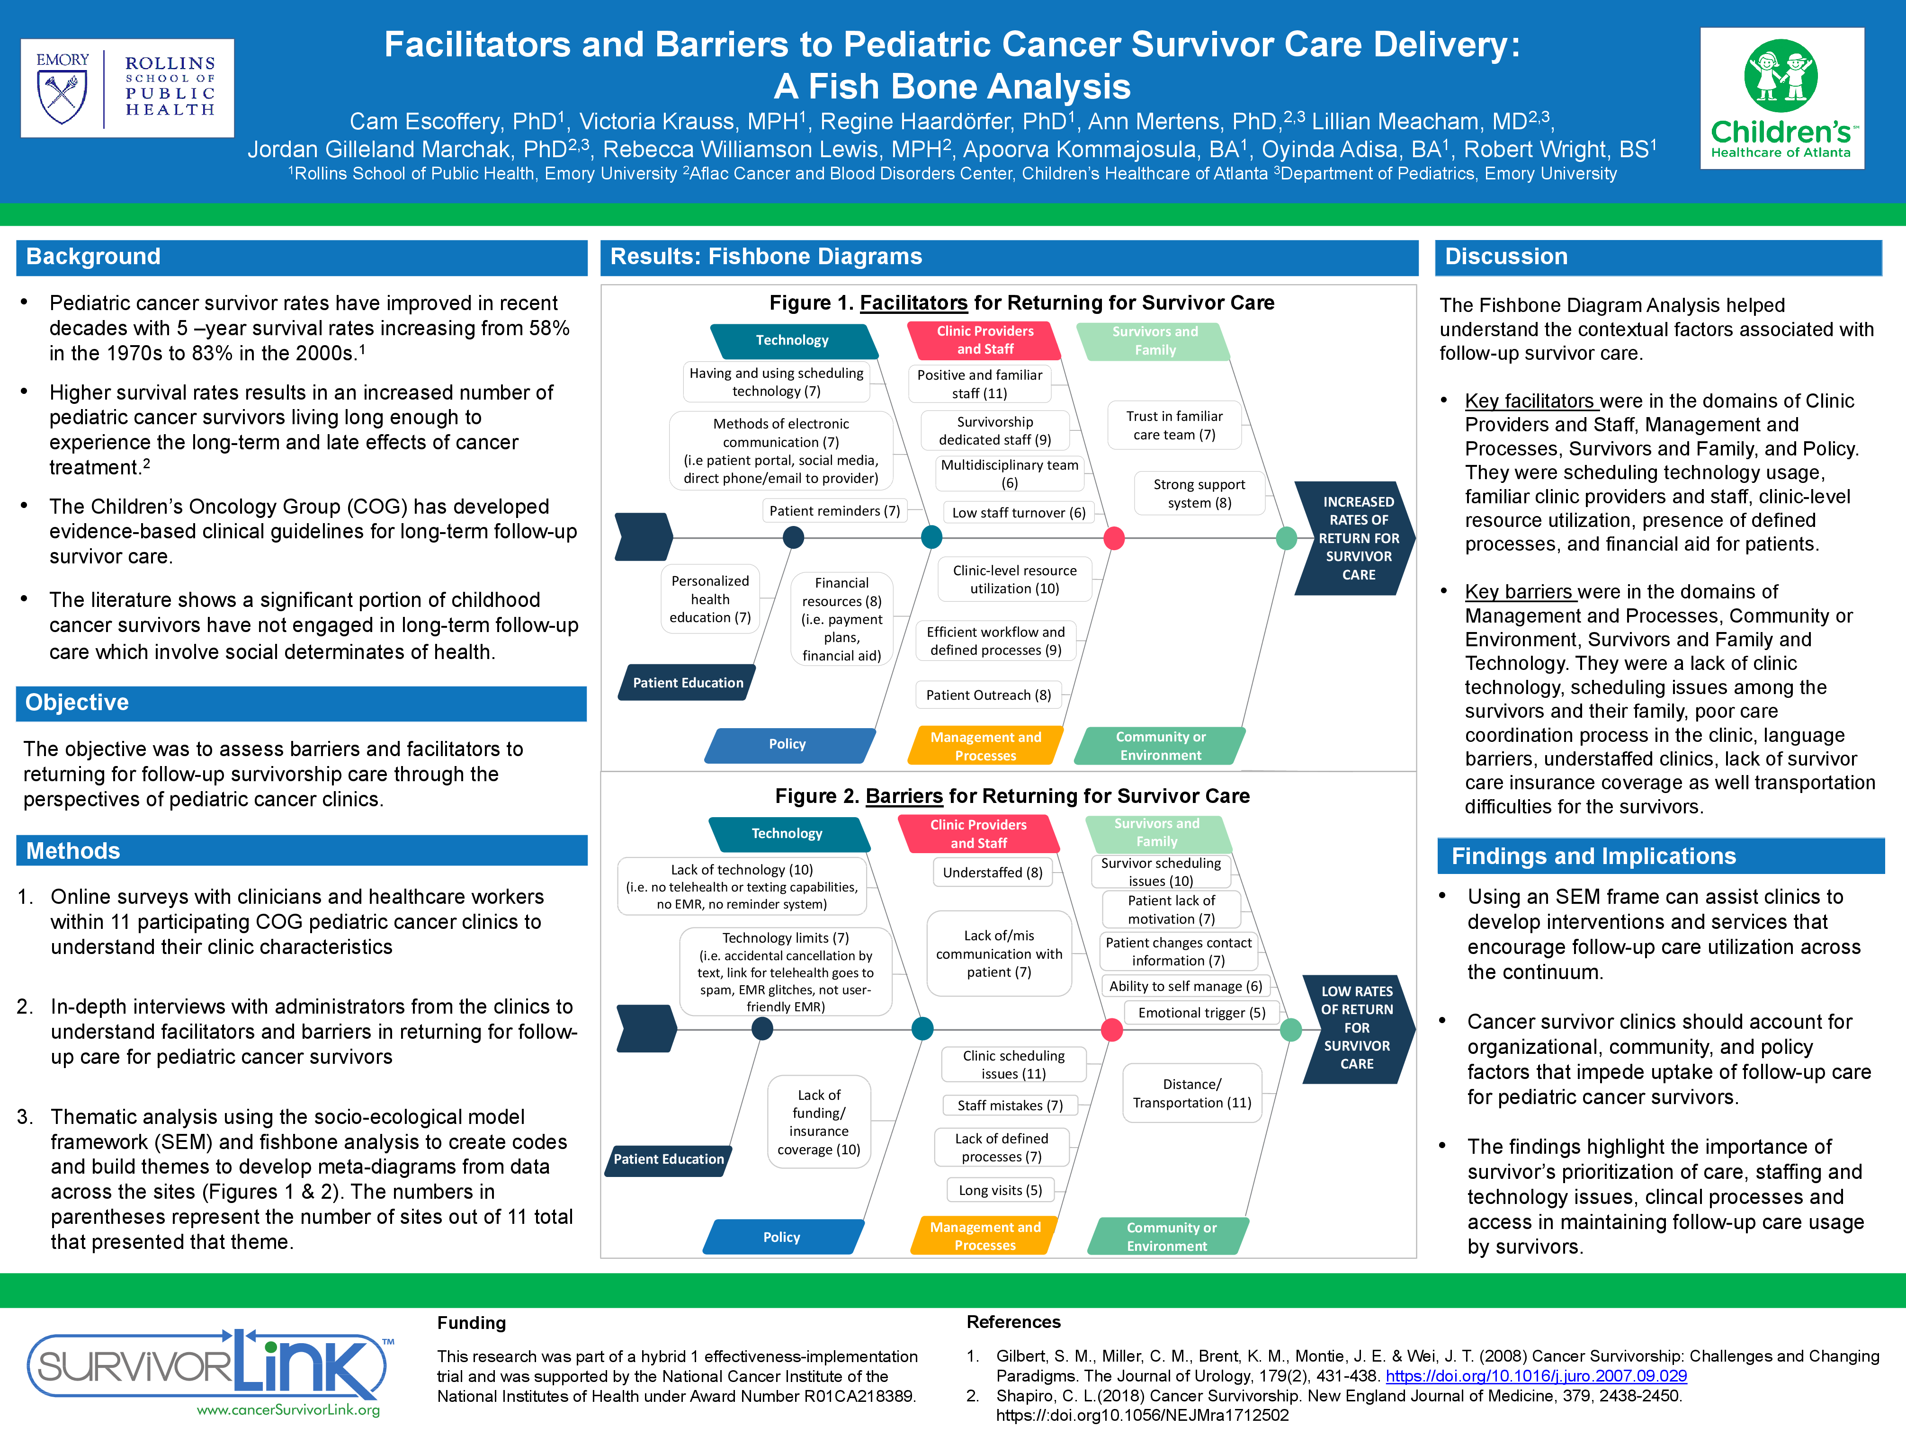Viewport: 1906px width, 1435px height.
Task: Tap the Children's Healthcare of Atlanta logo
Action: coord(1781,98)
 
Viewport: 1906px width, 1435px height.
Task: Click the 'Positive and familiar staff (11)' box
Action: coord(980,384)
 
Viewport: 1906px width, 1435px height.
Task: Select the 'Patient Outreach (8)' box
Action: coord(988,695)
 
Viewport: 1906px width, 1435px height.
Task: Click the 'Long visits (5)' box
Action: coord(1001,1190)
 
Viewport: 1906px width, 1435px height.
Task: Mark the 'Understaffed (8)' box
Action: coord(993,873)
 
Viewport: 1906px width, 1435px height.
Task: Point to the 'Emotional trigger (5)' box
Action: coord(1201,1013)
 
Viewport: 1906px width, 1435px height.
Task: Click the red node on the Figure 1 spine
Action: coord(1114,538)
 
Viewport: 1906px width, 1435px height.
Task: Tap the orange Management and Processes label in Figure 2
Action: coord(985,1236)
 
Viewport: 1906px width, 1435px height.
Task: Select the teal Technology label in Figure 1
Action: coord(792,341)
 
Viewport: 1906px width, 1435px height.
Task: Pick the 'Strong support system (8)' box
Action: coord(1199,493)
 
